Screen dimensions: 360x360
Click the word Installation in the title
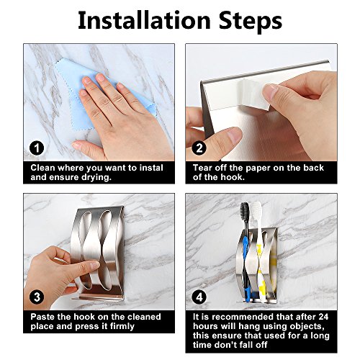click(x=144, y=21)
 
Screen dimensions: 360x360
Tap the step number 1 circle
click(x=37, y=148)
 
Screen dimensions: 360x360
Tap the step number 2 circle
click(x=199, y=148)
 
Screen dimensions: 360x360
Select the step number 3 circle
click(x=37, y=297)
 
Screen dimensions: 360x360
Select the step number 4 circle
click(x=199, y=297)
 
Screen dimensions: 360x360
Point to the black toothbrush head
click(x=245, y=210)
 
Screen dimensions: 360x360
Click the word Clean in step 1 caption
click(x=42, y=168)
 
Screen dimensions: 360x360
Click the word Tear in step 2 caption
click(x=202, y=168)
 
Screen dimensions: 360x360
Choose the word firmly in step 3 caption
click(x=122, y=327)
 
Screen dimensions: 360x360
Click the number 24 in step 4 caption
click(x=323, y=317)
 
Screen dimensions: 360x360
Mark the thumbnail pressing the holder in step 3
click(x=94, y=265)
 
